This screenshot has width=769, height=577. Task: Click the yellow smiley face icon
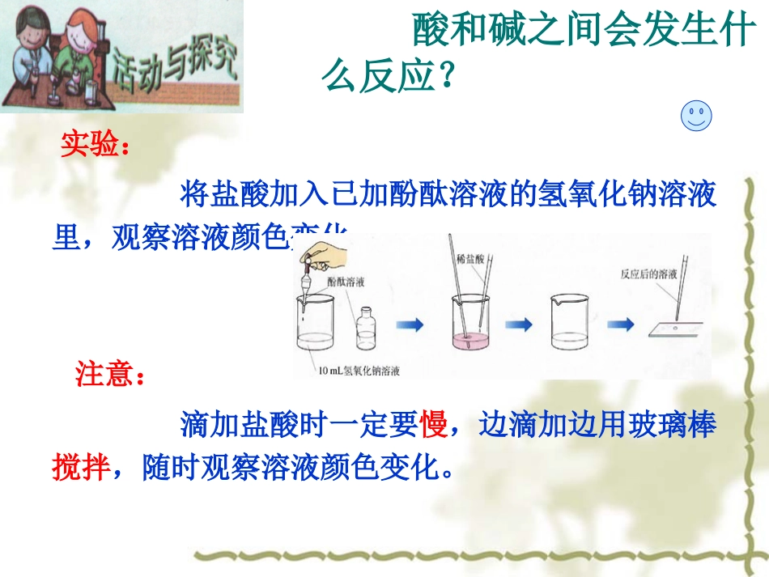696,117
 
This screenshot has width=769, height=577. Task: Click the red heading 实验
94,146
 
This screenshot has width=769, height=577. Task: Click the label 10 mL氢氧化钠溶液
361,371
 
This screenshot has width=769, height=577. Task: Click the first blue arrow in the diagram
410,325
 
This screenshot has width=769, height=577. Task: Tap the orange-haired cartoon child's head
80,28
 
